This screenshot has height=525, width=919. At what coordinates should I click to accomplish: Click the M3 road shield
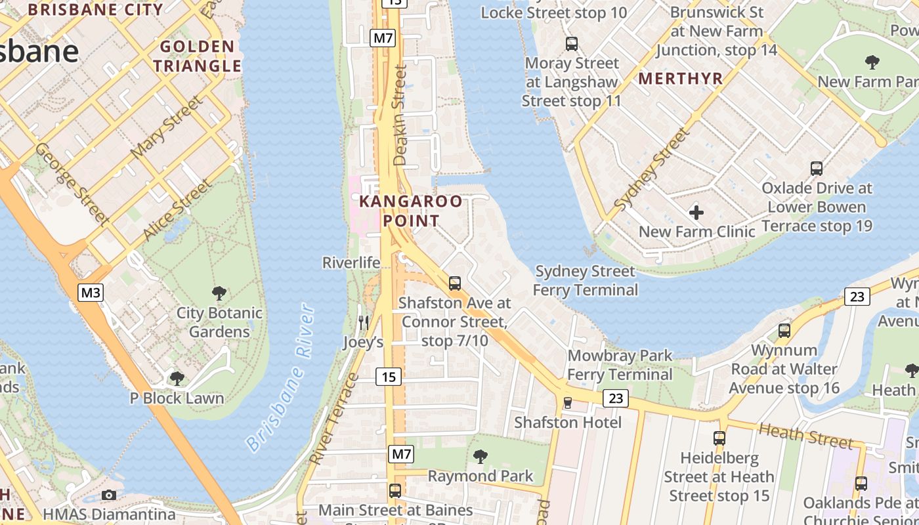tap(91, 292)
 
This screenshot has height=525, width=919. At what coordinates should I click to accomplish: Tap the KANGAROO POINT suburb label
tap(411, 211)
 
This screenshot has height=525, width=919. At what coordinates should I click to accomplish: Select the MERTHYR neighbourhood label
tap(681, 79)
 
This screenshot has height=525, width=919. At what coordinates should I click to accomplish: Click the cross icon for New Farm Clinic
tap(696, 213)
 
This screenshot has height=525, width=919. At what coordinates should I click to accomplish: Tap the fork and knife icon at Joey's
tap(363, 322)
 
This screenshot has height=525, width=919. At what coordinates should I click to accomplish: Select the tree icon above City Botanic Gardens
tap(219, 293)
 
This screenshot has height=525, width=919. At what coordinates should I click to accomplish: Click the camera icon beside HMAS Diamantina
tap(109, 495)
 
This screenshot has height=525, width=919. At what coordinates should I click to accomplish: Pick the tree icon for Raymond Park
tap(481, 456)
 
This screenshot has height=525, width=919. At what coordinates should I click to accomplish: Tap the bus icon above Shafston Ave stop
tap(454, 283)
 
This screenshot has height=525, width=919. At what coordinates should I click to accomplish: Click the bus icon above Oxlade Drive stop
tap(817, 169)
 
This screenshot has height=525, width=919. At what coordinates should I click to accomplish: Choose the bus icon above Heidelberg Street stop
tap(719, 438)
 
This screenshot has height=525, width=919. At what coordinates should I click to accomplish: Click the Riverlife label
tap(351, 262)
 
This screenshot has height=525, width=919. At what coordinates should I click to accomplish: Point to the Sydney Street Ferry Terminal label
tap(585, 280)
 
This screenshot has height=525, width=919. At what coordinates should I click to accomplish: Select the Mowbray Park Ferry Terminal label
tap(620, 365)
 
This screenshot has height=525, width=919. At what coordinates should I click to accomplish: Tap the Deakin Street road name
tap(400, 115)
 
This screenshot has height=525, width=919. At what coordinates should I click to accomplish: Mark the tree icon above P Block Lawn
tap(177, 379)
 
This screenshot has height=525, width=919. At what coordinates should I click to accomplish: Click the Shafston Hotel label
tap(567, 422)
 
